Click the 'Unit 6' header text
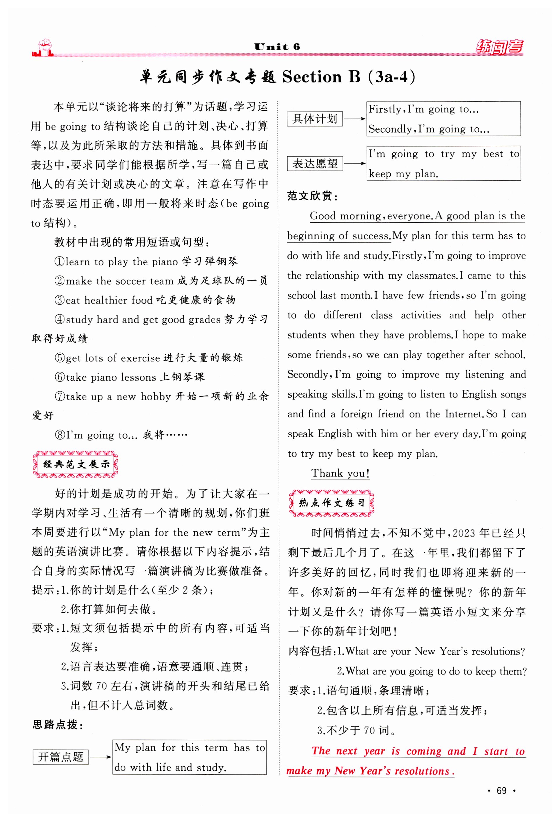click(x=277, y=47)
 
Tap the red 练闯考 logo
click(x=499, y=47)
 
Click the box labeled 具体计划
click(x=315, y=119)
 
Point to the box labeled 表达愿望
click(x=315, y=164)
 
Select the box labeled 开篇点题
click(x=61, y=757)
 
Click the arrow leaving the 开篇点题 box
click(x=100, y=757)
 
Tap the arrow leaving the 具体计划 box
click(x=354, y=119)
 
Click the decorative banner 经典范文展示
click(x=75, y=464)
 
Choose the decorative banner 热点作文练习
click(x=331, y=503)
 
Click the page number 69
click(x=501, y=791)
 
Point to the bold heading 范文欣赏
click(x=312, y=196)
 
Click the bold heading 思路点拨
click(x=58, y=725)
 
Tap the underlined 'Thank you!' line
click(x=340, y=473)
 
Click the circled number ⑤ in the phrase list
click(x=60, y=358)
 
